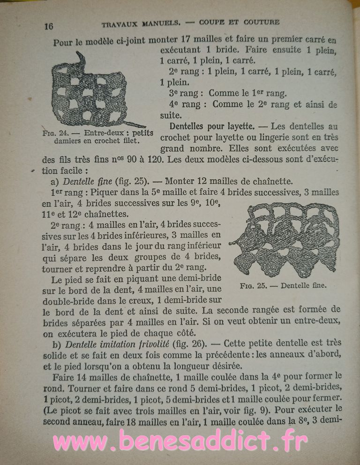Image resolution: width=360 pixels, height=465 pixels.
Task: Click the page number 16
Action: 49,26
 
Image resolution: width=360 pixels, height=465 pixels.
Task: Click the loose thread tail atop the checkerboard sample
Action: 82,59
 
